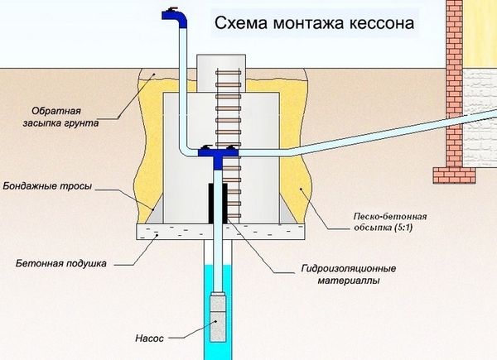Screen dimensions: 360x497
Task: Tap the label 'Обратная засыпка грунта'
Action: (x=63, y=117)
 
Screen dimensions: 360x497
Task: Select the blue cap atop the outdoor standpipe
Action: (x=171, y=12)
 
